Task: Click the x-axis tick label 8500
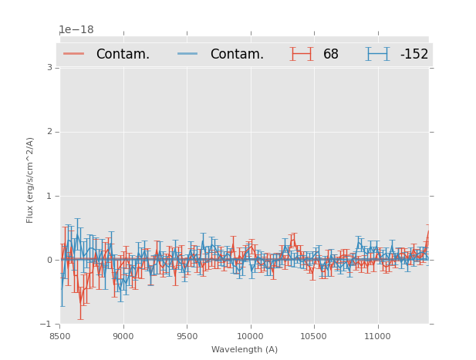(59, 336)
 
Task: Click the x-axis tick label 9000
(123, 336)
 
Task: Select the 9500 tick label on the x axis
(187, 336)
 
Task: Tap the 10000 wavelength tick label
(250, 336)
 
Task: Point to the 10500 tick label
(313, 336)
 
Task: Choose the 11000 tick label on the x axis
(377, 336)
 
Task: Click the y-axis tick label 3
(49, 68)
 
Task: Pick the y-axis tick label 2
(49, 132)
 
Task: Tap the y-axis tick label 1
(49, 196)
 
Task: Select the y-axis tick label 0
(49, 260)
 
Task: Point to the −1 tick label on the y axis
(47, 324)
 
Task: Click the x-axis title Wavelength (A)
(245, 350)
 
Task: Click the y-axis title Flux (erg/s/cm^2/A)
(31, 180)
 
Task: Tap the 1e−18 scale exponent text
(76, 30)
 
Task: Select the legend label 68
(331, 54)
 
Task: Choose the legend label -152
(414, 54)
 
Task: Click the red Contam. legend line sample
(74, 54)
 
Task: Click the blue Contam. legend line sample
(188, 54)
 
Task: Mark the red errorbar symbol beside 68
(302, 54)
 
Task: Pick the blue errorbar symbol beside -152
(378, 54)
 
